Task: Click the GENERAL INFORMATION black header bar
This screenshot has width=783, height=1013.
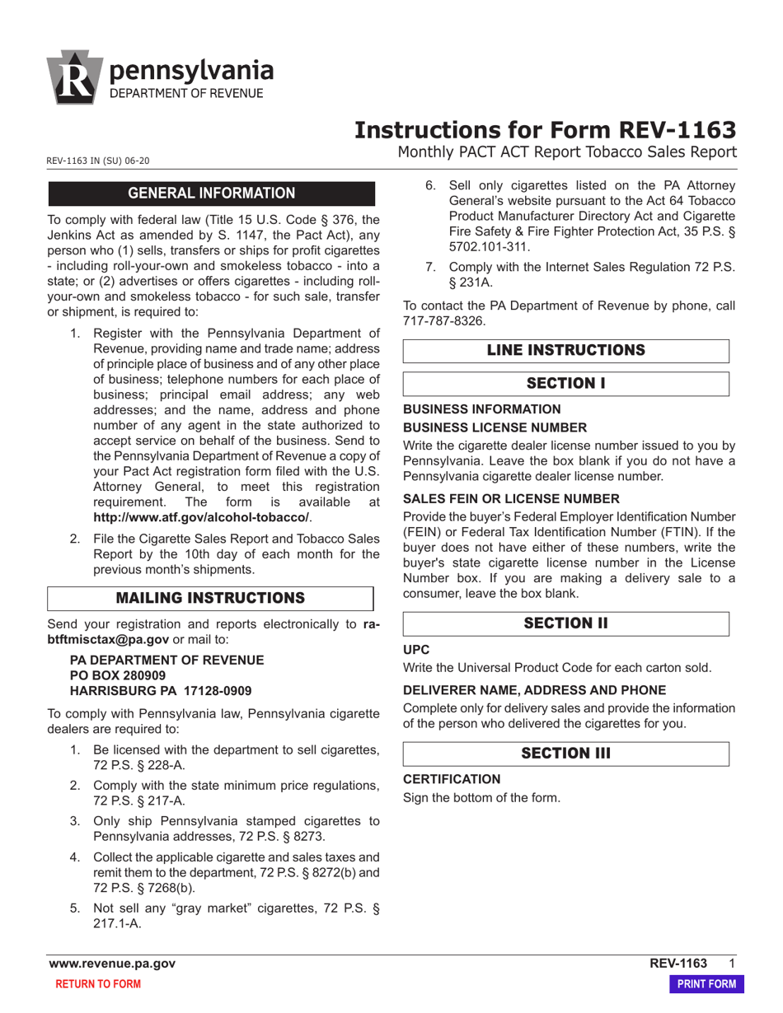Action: (212, 194)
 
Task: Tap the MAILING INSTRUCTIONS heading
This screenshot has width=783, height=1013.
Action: (210, 598)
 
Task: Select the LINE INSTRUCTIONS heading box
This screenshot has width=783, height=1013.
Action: (565, 351)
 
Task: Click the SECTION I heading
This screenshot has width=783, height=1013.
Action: (565, 384)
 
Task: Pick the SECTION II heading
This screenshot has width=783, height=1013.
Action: (565, 623)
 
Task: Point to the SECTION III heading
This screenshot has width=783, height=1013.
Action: (565, 754)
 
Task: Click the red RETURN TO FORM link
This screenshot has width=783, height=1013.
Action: (97, 984)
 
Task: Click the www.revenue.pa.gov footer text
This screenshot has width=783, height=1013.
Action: (112, 964)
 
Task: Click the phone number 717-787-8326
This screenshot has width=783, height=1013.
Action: (444, 320)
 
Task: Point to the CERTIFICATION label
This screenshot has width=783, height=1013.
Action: (451, 779)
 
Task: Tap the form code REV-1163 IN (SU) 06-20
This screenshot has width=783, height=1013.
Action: (98, 161)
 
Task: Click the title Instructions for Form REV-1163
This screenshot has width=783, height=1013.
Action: (545, 130)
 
